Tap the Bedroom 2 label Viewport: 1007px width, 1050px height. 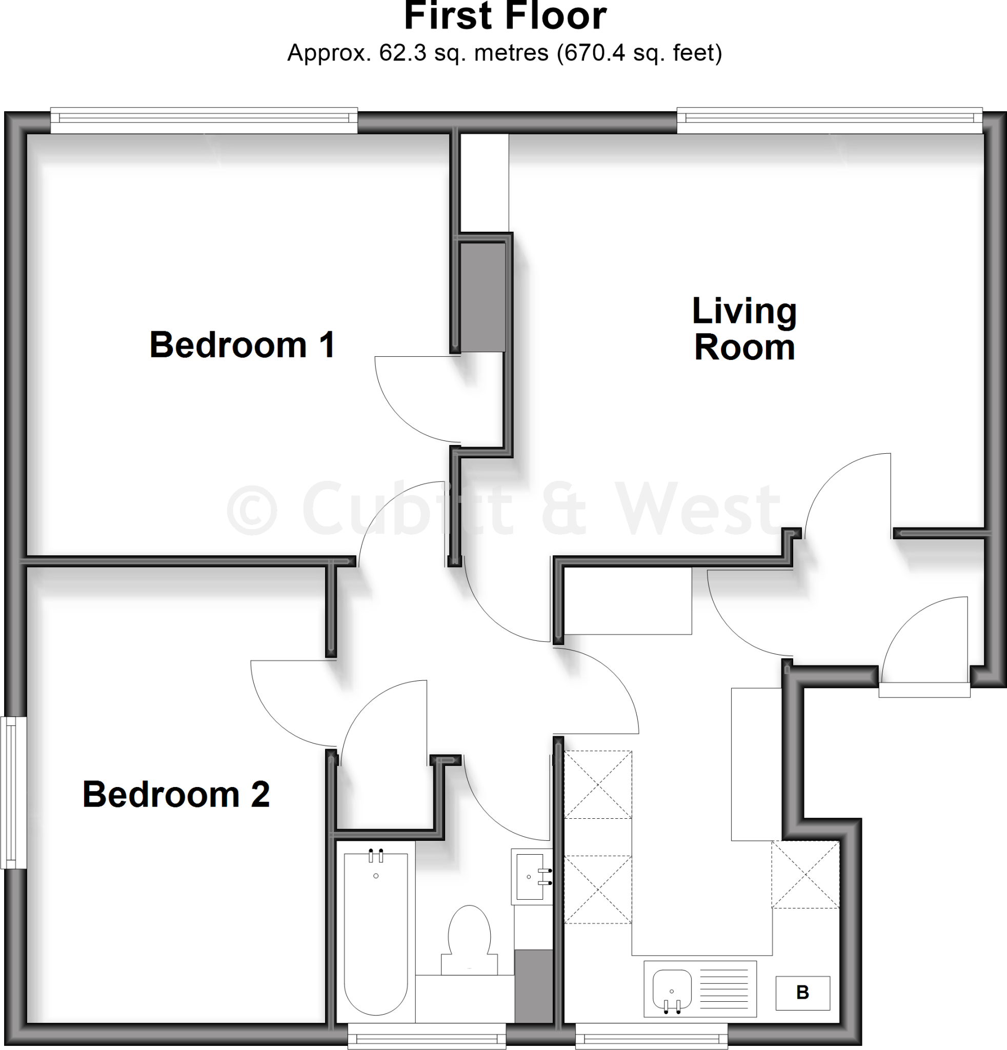point(176,795)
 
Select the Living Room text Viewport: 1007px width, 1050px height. point(744,329)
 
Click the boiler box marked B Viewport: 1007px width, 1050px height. point(802,993)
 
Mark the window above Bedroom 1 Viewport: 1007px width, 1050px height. point(204,120)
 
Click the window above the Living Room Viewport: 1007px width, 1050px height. point(829,120)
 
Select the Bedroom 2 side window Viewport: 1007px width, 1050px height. point(13,793)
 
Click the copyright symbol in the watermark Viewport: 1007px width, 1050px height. point(252,510)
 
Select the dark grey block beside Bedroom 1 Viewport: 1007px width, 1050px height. point(482,297)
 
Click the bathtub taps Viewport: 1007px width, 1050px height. point(376,856)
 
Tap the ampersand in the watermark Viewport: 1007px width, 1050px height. point(563,509)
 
